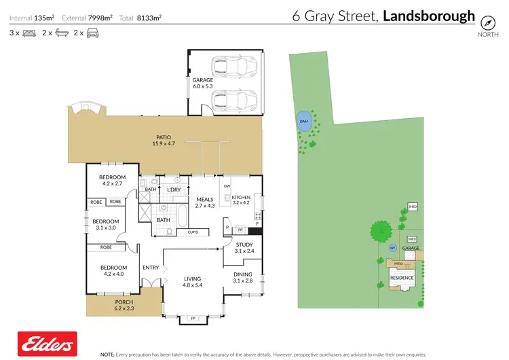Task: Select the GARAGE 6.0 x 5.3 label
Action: pos(202,83)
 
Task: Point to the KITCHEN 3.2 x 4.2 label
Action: pos(241,199)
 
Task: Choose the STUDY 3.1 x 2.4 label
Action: pos(244,248)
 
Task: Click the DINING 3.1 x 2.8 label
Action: pos(242,277)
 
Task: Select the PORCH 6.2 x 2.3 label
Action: pos(124,306)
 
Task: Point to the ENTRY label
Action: pos(151,268)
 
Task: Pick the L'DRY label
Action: pos(174,190)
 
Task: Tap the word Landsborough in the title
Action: pos(429,16)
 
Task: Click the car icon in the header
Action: pos(92,33)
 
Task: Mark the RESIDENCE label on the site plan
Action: pos(401,277)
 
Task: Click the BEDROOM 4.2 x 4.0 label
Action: pos(114,270)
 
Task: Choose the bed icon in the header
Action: pos(29,33)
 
